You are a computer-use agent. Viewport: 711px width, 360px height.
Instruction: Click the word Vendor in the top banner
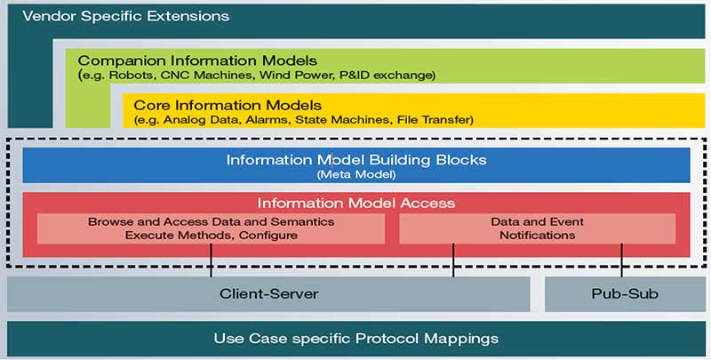coord(47,16)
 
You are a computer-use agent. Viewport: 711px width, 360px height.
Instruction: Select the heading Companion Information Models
coord(197,60)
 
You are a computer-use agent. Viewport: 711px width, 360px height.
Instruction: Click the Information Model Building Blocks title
coord(356,160)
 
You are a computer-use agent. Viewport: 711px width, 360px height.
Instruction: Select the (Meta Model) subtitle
coord(356,174)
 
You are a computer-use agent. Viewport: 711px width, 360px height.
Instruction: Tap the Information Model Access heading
coord(356,203)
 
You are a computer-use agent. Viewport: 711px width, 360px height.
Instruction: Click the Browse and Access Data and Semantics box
coord(211,228)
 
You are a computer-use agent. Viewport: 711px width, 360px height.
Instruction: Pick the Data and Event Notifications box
coord(537,228)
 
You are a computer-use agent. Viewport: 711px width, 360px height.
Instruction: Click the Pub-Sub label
coord(625,293)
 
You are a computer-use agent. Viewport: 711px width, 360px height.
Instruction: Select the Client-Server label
coord(268,293)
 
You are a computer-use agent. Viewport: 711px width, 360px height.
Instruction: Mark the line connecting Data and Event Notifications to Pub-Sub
coord(622,260)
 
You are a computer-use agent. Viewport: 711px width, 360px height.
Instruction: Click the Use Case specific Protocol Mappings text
coord(356,339)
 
